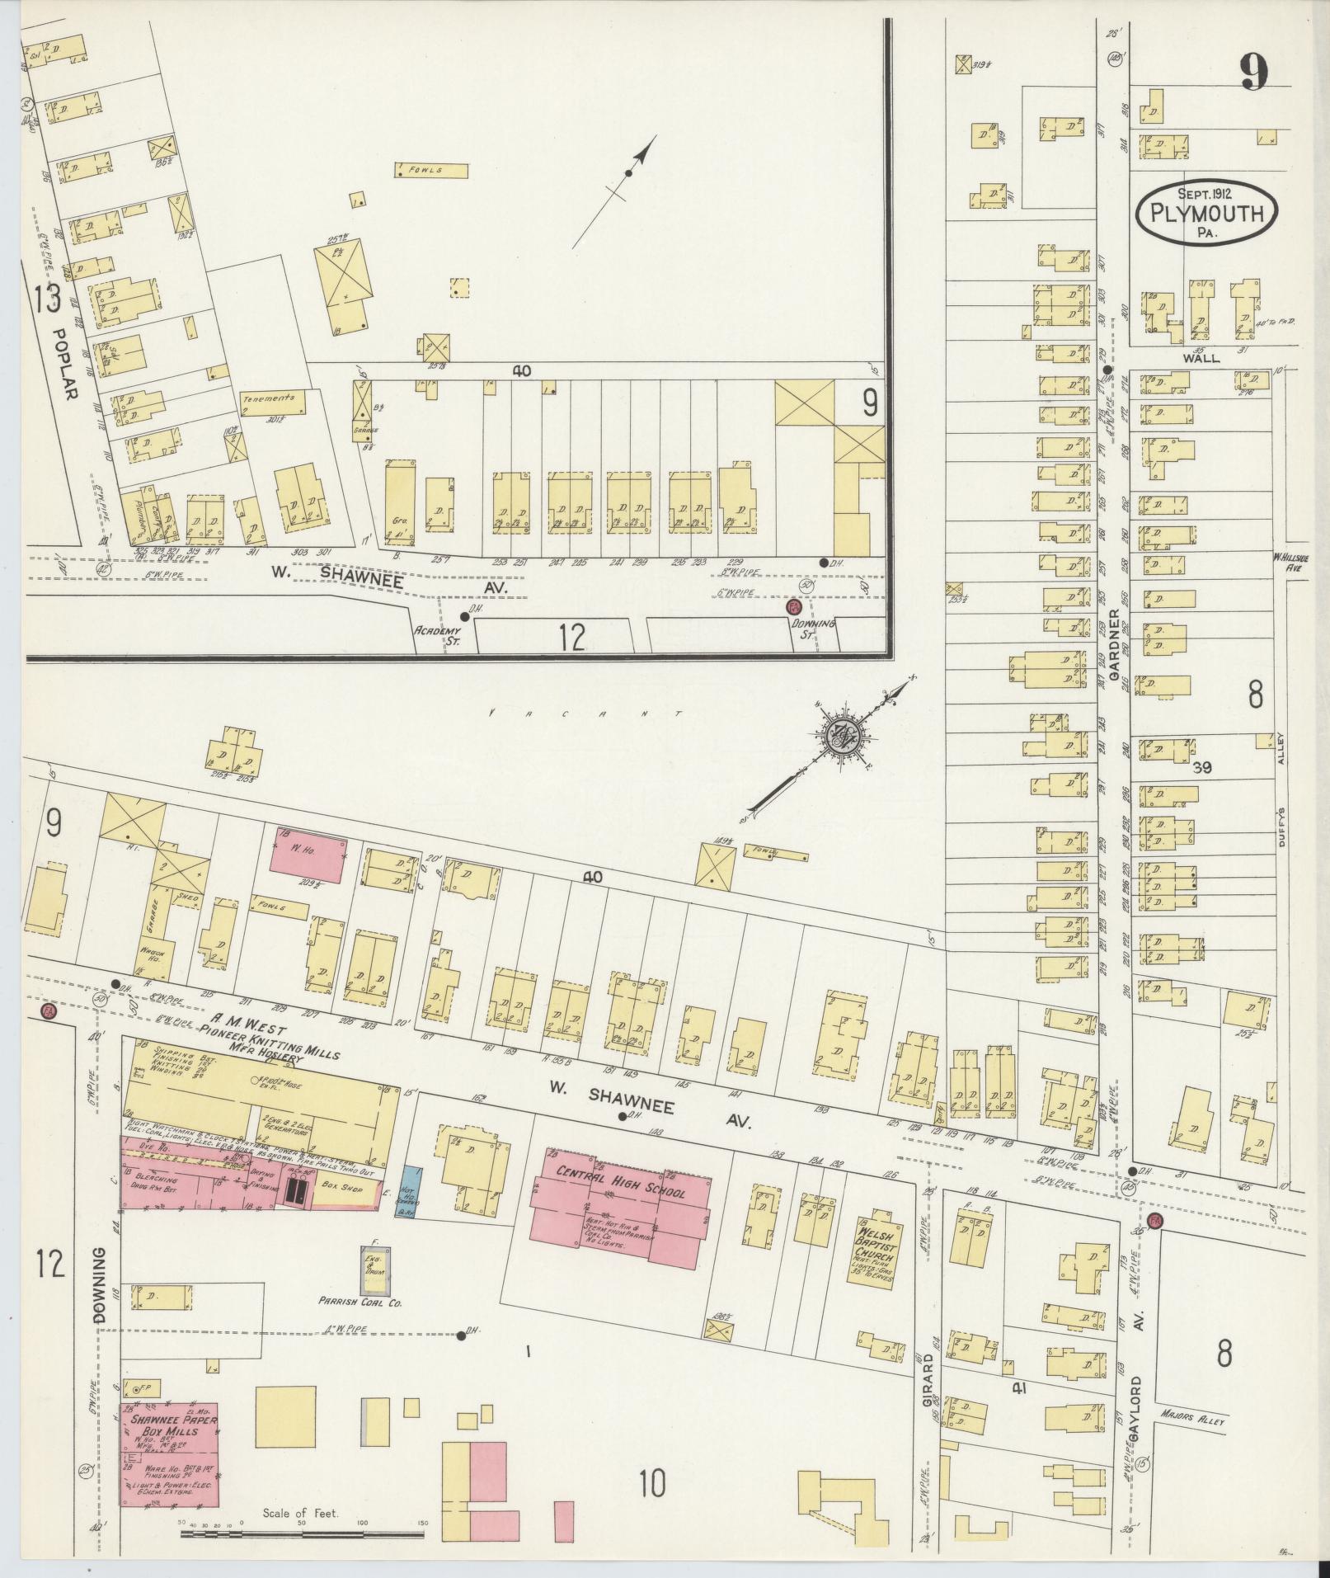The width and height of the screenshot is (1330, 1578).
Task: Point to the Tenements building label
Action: coord(268,398)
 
